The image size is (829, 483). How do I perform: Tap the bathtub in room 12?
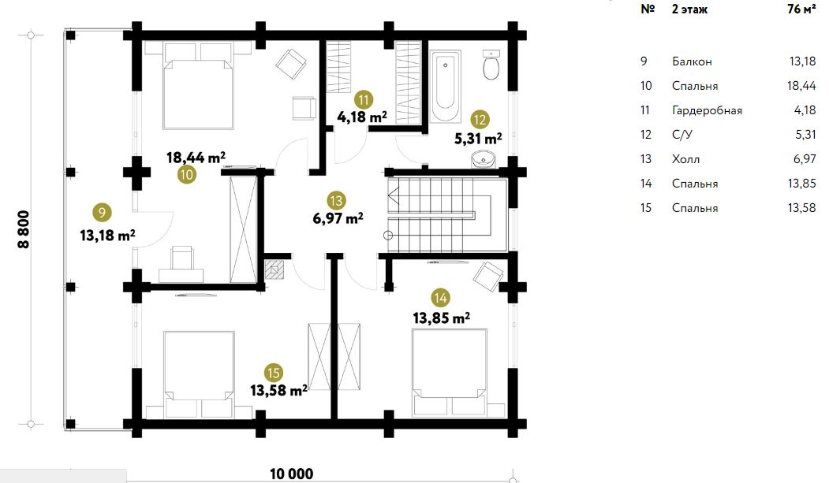pyautogui.click(x=445, y=87)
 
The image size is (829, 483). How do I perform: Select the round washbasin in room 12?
pyautogui.click(x=482, y=159)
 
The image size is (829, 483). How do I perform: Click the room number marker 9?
pyautogui.click(x=102, y=213)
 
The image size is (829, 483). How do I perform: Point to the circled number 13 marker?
pyautogui.click(x=336, y=201)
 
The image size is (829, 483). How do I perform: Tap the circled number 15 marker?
pyautogui.click(x=274, y=373)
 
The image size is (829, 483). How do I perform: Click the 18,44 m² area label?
pyautogui.click(x=196, y=158)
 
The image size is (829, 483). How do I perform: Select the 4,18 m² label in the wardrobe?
pyautogui.click(x=362, y=117)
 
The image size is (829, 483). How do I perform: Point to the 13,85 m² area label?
pyautogui.click(x=442, y=318)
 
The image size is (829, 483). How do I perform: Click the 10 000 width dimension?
pyautogui.click(x=291, y=474)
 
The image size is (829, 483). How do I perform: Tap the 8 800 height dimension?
pyautogui.click(x=24, y=229)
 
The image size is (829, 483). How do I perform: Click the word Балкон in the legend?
pyautogui.click(x=692, y=61)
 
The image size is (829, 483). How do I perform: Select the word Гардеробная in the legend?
pyautogui.click(x=707, y=110)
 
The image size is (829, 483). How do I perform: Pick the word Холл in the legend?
pyautogui.click(x=685, y=159)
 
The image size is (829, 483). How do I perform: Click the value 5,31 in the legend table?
pyautogui.click(x=806, y=135)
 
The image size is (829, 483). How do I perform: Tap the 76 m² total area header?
pyautogui.click(x=801, y=9)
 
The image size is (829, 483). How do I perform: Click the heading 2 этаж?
pyautogui.click(x=689, y=9)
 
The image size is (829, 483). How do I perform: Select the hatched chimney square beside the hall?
pyautogui.click(x=274, y=269)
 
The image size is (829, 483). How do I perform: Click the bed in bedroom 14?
pyautogui.click(x=450, y=372)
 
